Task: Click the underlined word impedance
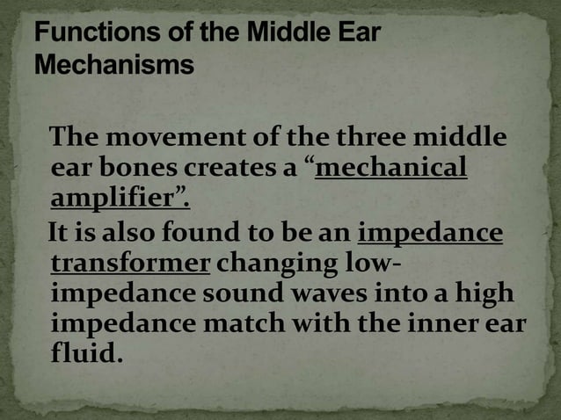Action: (x=431, y=235)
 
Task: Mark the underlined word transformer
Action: (x=130, y=264)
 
